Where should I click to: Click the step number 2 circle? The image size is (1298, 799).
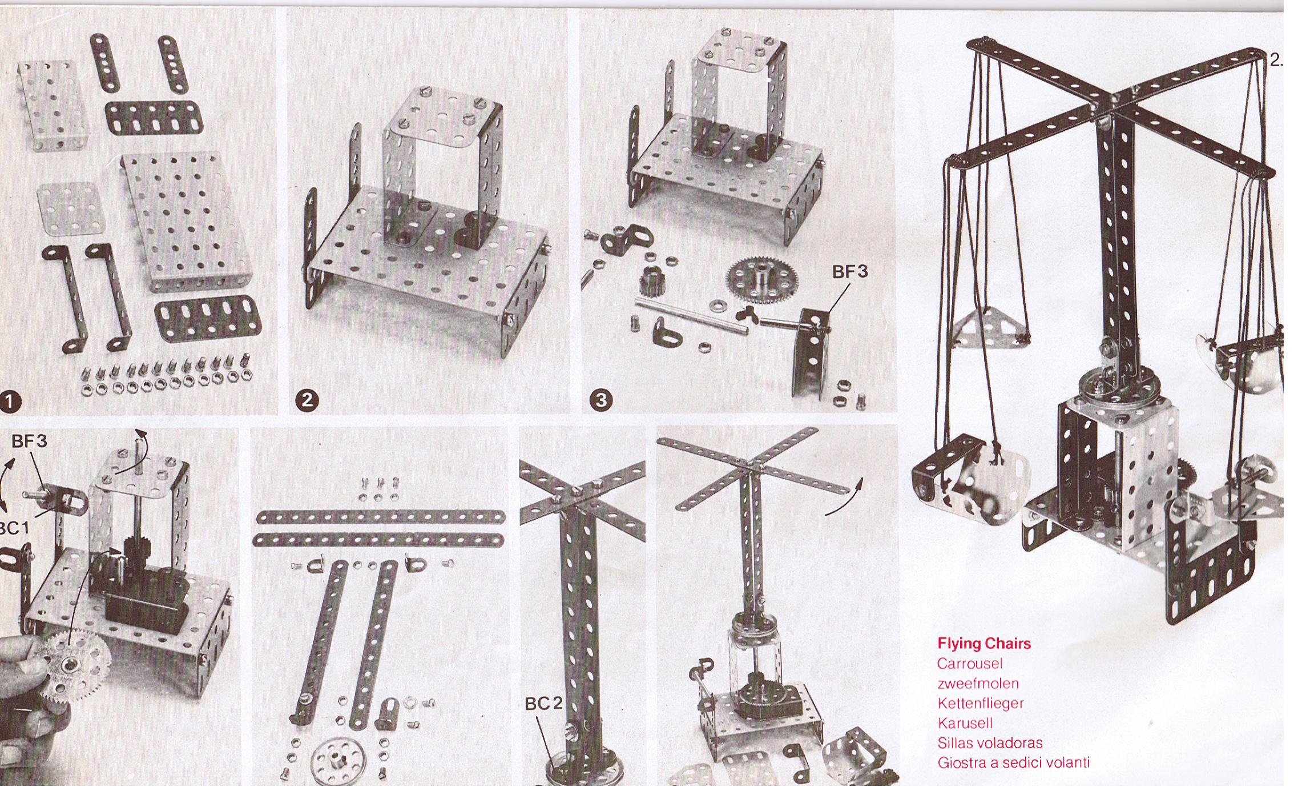click(307, 399)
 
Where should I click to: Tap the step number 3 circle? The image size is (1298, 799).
click(600, 400)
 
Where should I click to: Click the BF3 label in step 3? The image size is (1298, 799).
click(849, 272)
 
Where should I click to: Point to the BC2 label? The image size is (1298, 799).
click(543, 704)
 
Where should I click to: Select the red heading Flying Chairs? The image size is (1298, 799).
click(984, 644)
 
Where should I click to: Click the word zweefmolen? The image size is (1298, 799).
click(978, 683)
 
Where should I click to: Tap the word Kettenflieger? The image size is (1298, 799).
click(980, 703)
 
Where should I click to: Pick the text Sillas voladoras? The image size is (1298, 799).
click(990, 742)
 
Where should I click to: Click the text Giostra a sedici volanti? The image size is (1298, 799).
click(1013, 762)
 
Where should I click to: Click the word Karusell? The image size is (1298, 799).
click(965, 722)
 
